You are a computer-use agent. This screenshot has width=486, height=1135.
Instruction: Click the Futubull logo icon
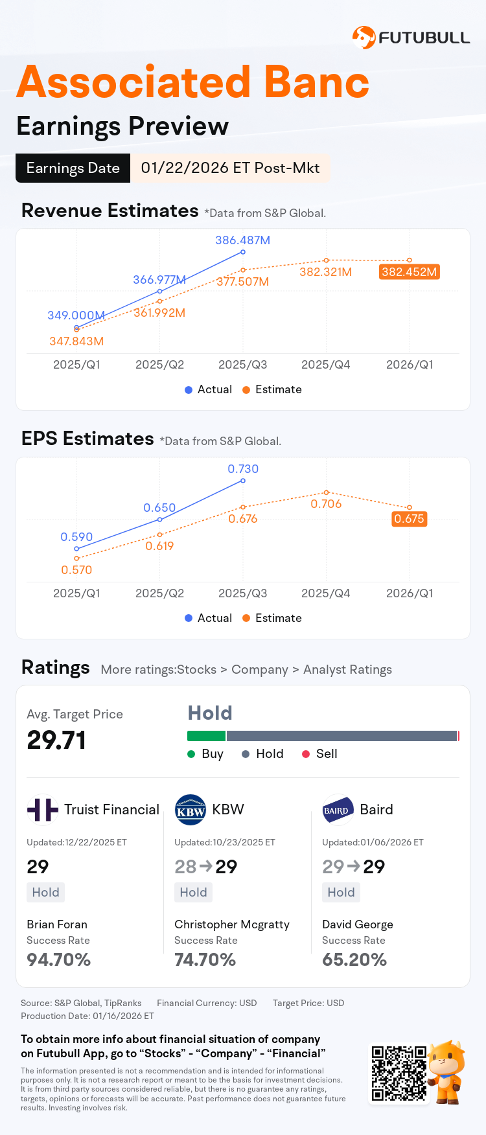tap(364, 38)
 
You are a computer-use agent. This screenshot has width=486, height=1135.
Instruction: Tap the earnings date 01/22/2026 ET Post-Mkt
tap(230, 168)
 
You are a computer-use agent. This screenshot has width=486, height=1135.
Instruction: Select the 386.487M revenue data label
tap(242, 240)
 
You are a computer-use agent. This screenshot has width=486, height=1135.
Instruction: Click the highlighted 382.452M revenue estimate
tap(409, 272)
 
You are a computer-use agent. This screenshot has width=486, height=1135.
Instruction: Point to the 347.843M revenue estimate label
tap(76, 341)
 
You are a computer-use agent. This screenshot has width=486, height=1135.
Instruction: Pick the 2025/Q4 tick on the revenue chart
tap(325, 365)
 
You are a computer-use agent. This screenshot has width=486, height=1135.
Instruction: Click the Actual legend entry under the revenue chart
tap(208, 389)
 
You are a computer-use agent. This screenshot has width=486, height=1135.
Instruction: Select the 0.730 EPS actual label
tap(243, 469)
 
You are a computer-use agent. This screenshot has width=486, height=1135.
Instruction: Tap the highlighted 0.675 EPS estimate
tap(409, 519)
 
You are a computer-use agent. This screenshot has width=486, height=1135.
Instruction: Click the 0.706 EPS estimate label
tap(326, 504)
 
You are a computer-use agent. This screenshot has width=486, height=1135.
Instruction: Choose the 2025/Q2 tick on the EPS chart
tap(159, 593)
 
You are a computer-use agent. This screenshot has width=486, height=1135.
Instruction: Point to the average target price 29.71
tap(56, 740)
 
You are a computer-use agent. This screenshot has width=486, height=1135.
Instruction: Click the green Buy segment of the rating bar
tap(206, 736)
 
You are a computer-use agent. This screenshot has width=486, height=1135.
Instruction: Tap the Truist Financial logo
tap(42, 810)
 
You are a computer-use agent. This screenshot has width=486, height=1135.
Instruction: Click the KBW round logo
tap(191, 810)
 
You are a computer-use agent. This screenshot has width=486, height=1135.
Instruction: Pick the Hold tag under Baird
tap(341, 893)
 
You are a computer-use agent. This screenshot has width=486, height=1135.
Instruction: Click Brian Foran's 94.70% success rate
tap(59, 960)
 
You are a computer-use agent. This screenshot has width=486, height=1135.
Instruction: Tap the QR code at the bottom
tap(399, 1073)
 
